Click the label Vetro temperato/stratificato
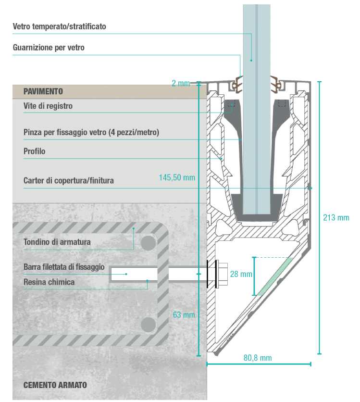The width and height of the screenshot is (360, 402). (x=59, y=27)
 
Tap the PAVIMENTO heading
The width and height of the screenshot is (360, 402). (x=43, y=91)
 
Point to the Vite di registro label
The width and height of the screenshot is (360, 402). (x=48, y=106)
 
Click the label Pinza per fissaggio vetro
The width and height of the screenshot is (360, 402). (x=91, y=132)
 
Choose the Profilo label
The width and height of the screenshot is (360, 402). (x=34, y=151)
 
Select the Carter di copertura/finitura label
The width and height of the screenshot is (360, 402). (x=68, y=181)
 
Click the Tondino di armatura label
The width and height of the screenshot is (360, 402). (x=57, y=242)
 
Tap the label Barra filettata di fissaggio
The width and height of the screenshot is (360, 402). (x=63, y=267)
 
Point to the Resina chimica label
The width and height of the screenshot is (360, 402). (x=49, y=282)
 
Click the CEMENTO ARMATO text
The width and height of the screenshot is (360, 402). (x=55, y=385)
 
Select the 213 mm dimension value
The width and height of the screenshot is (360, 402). (x=336, y=217)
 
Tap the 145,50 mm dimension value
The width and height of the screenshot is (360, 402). (x=177, y=177)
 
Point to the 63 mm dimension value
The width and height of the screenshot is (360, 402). (x=184, y=315)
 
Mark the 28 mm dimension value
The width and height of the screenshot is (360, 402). (x=240, y=274)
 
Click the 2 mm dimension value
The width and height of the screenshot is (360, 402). (x=181, y=83)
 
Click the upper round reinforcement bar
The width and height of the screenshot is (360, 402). (x=148, y=241)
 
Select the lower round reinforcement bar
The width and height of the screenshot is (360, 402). (x=148, y=324)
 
